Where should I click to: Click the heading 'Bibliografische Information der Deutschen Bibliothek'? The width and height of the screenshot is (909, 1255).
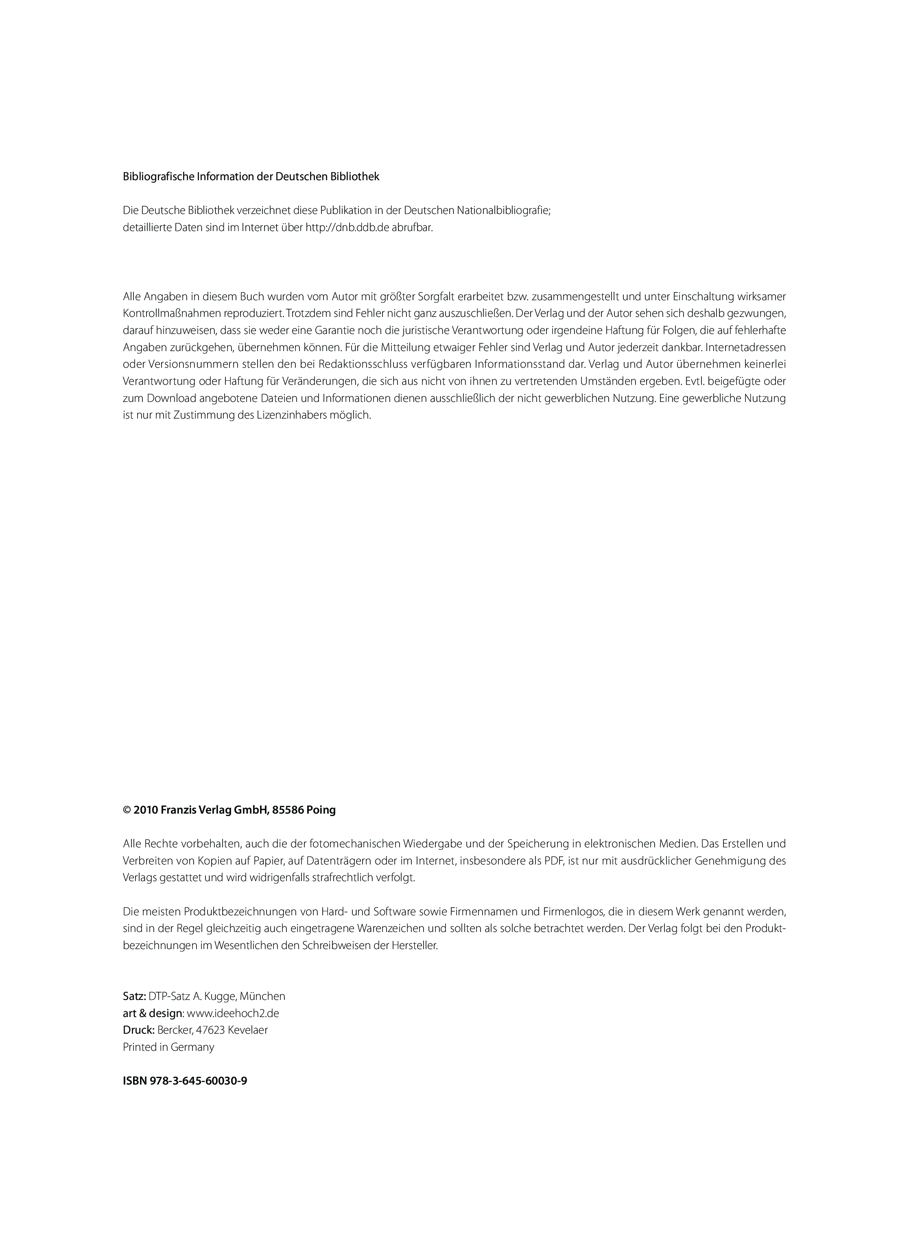click(x=251, y=177)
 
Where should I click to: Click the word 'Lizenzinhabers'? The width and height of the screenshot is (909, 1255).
click(x=291, y=415)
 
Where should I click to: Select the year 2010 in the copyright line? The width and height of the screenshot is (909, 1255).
click(x=146, y=810)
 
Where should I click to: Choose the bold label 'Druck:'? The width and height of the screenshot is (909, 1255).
click(x=138, y=1030)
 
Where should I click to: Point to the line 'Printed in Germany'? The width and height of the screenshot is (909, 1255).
click(x=168, y=1047)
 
